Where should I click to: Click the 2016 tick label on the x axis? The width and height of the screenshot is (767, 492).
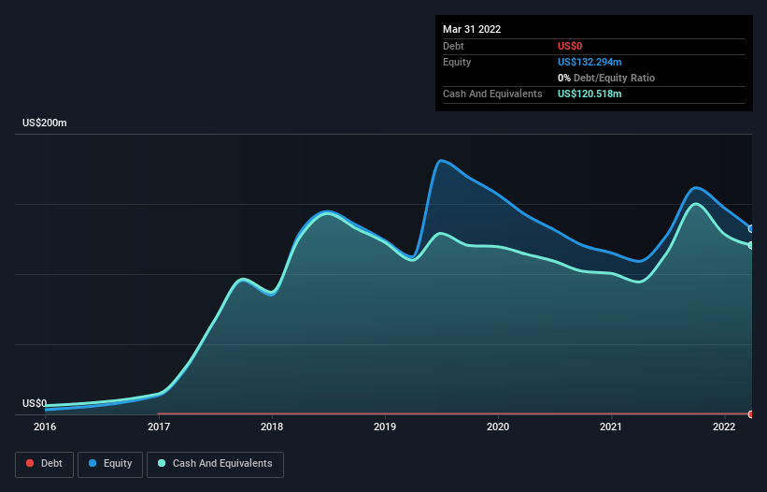(45, 427)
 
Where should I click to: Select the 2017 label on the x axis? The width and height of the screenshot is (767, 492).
(159, 427)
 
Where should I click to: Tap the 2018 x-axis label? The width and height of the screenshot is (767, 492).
(272, 427)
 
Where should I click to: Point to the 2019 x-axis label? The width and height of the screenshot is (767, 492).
(385, 427)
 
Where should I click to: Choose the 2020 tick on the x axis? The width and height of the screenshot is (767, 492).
(498, 427)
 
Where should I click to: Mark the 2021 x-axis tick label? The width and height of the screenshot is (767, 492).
(611, 427)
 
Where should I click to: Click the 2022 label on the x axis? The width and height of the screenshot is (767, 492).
(724, 427)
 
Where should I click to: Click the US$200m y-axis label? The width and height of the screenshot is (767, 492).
(45, 123)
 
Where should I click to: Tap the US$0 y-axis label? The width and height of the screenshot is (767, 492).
(35, 403)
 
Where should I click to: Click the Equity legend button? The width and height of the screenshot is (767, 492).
(109, 464)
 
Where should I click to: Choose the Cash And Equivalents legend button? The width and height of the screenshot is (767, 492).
(215, 464)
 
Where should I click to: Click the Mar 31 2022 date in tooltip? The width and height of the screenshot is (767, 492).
(472, 29)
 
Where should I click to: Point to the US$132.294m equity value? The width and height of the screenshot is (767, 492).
(589, 62)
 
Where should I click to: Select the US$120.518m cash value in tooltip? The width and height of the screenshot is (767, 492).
(589, 94)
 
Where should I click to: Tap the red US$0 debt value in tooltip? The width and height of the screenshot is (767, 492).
(572, 46)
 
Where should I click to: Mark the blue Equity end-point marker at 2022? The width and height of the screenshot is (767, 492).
(751, 229)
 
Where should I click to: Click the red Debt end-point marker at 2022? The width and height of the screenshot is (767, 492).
(751, 413)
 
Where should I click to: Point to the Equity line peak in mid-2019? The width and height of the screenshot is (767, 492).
(440, 161)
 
